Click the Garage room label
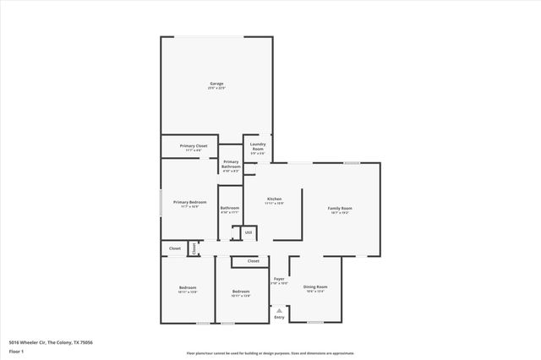216,84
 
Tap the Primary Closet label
194,146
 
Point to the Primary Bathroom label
231,165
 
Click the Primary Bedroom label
190,202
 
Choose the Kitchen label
274,199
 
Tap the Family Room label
340,208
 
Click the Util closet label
248,232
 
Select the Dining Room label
315,287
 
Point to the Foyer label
278,278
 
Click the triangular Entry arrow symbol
279,310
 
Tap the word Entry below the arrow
279,317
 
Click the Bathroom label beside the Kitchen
230,208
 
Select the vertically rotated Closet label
194,248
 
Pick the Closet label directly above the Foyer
253,261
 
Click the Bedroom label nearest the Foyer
242,292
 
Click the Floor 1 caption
16,352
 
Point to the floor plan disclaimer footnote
270,353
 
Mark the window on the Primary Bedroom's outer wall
161,205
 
